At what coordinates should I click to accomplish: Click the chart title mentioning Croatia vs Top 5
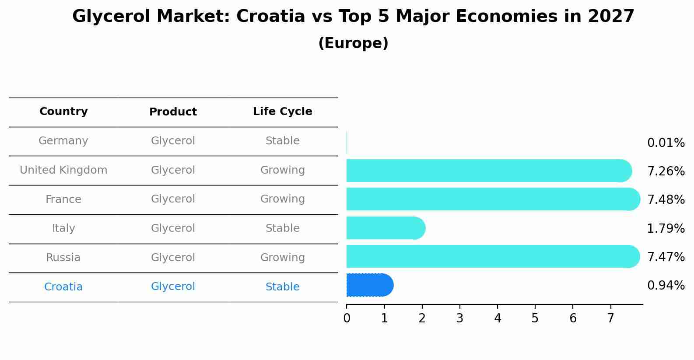point(353,17)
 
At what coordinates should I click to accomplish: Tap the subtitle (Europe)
point(353,43)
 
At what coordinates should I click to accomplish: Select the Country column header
point(63,112)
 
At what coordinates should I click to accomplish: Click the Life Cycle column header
point(282,112)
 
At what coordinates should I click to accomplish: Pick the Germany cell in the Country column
point(63,141)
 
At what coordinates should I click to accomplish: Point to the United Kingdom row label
point(63,170)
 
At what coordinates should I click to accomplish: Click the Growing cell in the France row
point(282,199)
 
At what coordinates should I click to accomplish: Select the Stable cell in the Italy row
point(282,228)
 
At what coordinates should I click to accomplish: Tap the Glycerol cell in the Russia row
point(173,258)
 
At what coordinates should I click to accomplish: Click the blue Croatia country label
point(63,287)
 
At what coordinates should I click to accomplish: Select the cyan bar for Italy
point(385,228)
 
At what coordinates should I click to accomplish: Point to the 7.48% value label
point(666,200)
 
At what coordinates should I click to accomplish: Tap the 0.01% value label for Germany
point(666,143)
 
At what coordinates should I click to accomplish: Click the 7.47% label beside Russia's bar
point(666,257)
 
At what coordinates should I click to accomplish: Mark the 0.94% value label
point(666,286)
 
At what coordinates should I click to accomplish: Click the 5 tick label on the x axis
point(535,318)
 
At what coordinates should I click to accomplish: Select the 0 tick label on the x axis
point(347,318)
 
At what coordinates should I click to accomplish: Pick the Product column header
point(173,112)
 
